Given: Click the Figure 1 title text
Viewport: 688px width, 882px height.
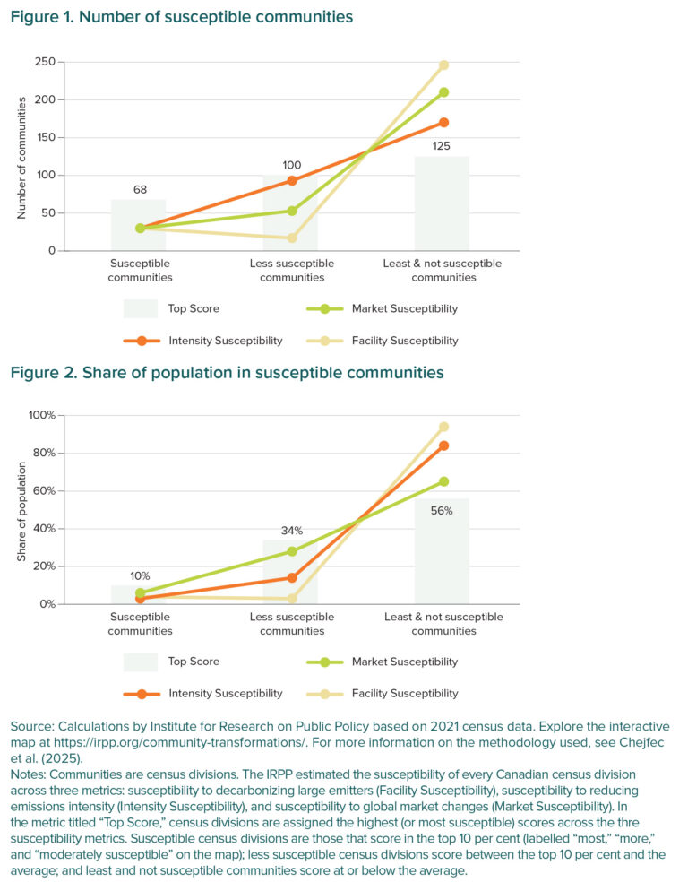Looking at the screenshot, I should click(x=182, y=17).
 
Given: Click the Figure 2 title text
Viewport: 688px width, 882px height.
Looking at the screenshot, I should click(x=228, y=371).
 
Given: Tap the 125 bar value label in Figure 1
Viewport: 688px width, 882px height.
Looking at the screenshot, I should click(x=441, y=144).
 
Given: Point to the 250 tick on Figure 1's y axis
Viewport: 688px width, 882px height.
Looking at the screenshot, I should click(x=45, y=63).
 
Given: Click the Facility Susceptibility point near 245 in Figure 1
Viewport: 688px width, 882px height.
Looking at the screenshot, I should click(x=443, y=65).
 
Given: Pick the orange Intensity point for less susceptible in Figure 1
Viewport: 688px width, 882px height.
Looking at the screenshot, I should click(x=291, y=181).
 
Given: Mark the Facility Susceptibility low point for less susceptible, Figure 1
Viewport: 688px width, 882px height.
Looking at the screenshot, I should click(x=291, y=238).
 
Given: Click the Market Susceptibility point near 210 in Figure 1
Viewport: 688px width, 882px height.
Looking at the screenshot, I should click(x=443, y=92).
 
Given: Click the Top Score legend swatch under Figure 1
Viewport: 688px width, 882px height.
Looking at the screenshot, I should click(x=140, y=309).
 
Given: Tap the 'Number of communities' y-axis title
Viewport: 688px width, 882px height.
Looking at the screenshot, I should click(x=21, y=157).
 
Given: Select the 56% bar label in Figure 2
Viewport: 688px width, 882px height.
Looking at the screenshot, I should click(x=442, y=510).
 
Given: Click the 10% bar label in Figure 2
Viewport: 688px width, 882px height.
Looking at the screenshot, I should click(x=140, y=575).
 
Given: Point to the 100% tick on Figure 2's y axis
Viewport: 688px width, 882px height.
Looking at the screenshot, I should click(x=41, y=416).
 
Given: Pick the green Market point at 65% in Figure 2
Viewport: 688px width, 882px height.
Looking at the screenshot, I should click(x=443, y=481).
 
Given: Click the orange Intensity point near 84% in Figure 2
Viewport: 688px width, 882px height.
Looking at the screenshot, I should click(x=443, y=445).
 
